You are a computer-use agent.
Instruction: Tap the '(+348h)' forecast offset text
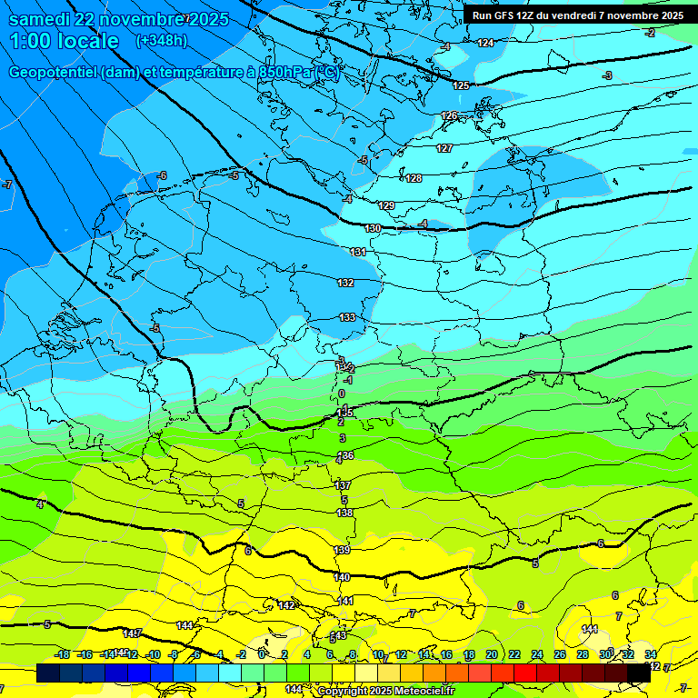click(x=161, y=40)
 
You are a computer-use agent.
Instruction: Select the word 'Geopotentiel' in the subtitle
click(x=54, y=72)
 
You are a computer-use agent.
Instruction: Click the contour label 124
click(x=486, y=43)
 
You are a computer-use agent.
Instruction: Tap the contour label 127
click(x=444, y=148)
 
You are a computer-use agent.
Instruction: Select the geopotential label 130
click(x=373, y=228)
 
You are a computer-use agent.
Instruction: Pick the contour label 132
click(x=345, y=283)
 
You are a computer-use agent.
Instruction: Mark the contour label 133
click(x=347, y=317)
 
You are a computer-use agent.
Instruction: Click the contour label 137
click(x=343, y=485)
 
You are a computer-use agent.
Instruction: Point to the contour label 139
click(x=342, y=550)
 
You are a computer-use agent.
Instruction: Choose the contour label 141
click(x=346, y=601)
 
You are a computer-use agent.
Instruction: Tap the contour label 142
click(x=285, y=605)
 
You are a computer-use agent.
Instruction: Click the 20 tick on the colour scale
click(x=491, y=654)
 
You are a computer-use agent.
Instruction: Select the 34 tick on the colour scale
click(x=651, y=654)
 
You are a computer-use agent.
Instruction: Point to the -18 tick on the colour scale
click(x=63, y=654)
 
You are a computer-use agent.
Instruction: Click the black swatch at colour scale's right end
click(x=638, y=673)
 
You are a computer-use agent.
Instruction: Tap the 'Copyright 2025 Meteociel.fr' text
click(x=385, y=691)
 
